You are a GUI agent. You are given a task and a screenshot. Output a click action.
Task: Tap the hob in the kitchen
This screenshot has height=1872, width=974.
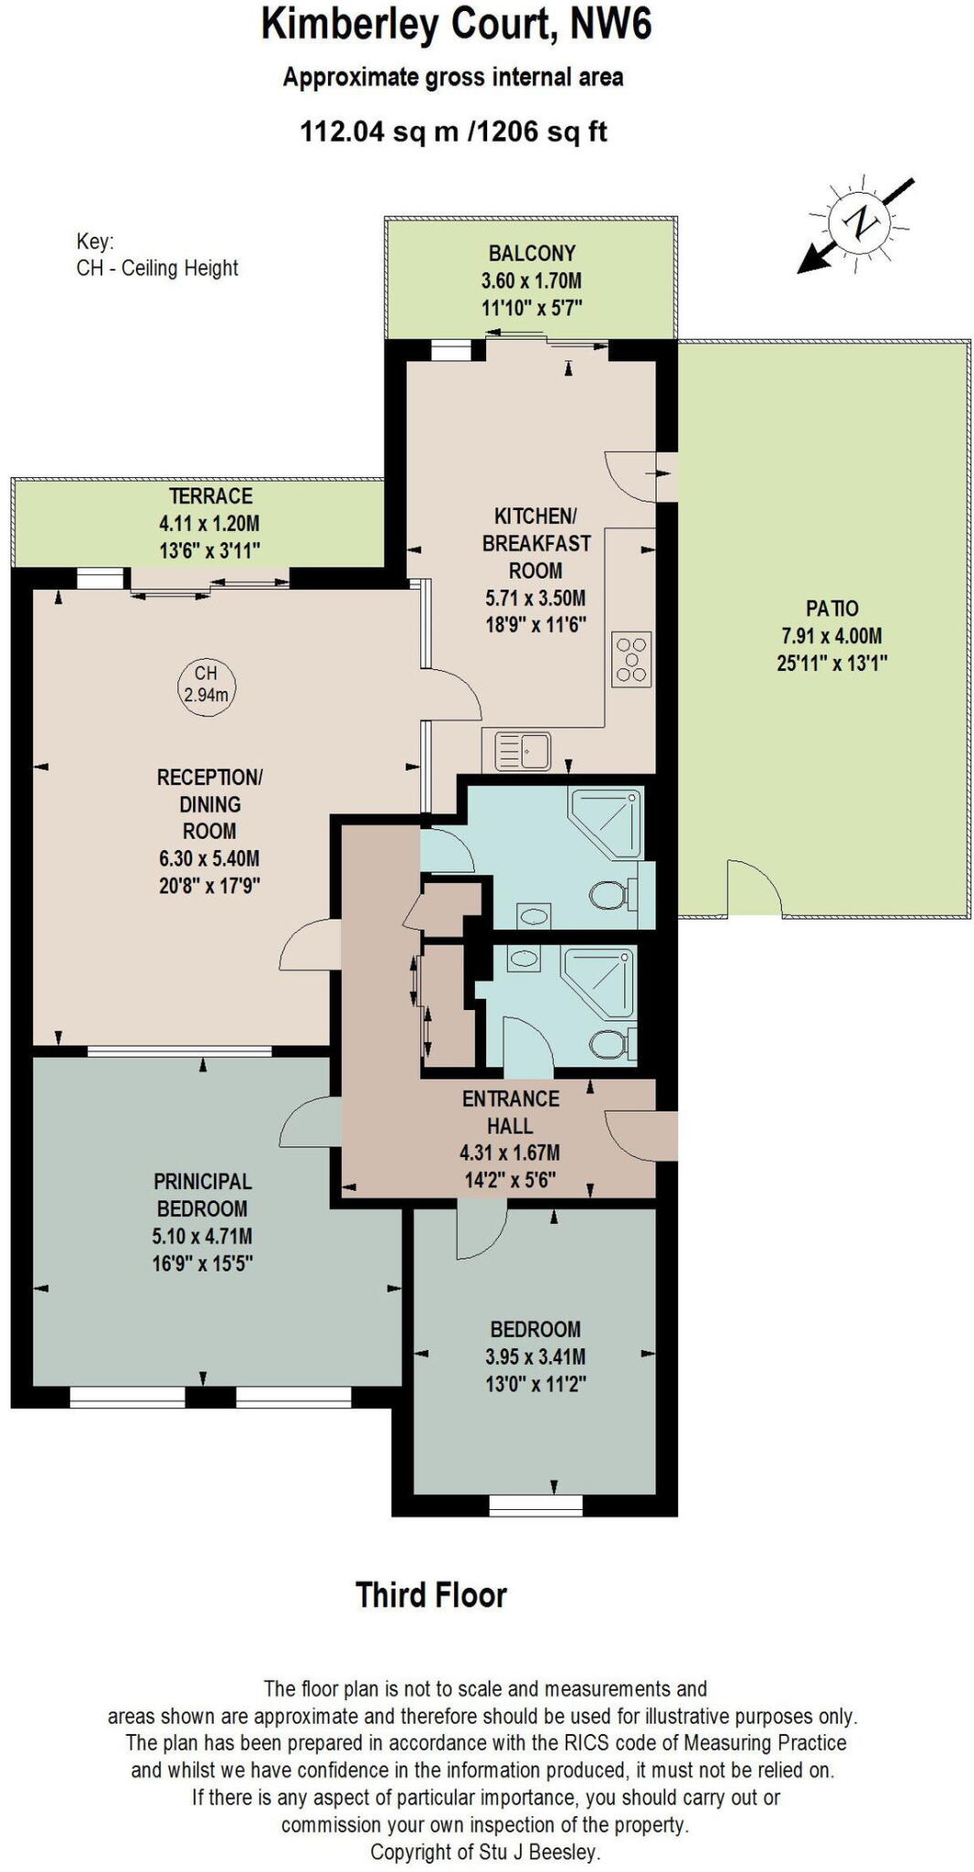click(x=631, y=659)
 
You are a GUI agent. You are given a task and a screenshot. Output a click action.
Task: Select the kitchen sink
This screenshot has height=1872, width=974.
click(x=523, y=751)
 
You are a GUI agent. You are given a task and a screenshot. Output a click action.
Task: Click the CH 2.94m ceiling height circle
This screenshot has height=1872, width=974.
click(x=206, y=685)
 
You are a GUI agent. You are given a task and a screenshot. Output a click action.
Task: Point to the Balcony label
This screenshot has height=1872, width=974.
click(x=532, y=253)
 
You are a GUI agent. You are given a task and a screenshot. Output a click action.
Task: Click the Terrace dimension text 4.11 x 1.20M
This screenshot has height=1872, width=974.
click(x=209, y=524)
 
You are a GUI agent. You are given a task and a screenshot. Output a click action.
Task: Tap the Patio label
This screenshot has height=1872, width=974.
click(x=831, y=608)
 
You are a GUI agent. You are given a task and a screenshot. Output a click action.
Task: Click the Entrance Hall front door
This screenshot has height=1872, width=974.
click(x=640, y=1135)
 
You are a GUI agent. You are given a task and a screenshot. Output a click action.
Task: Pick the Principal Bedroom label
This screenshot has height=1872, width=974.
click(x=202, y=1195)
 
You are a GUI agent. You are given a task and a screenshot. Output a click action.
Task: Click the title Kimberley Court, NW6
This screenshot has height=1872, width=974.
click(x=456, y=24)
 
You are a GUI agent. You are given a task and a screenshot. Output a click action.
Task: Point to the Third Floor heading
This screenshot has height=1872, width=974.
click(x=430, y=1595)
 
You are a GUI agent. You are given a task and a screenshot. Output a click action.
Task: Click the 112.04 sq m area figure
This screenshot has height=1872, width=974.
click(x=379, y=133)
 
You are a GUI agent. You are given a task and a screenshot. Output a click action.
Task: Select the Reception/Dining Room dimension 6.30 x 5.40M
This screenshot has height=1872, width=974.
click(x=209, y=858)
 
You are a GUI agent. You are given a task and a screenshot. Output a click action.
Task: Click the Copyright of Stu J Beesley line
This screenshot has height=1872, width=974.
click(x=485, y=1852)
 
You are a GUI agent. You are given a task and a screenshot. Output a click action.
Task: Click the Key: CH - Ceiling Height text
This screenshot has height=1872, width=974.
click(x=156, y=256)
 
